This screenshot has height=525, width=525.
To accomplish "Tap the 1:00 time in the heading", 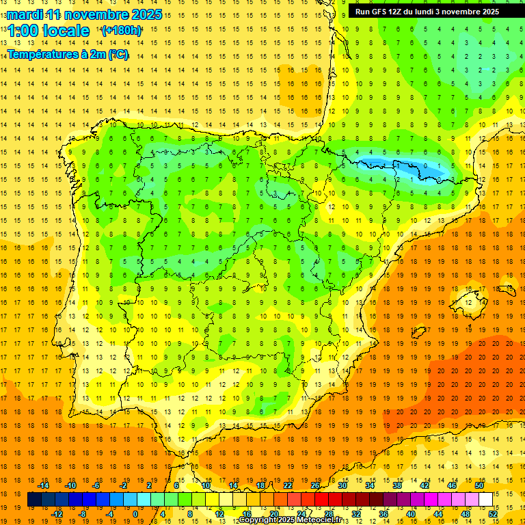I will coord(27,31).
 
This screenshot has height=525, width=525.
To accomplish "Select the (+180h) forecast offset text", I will coord(121,31).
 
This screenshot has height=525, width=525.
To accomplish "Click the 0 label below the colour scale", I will coord(135,513).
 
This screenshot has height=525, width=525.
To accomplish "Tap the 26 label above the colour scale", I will coord(315,485).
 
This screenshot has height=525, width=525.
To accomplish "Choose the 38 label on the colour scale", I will coord(397,485).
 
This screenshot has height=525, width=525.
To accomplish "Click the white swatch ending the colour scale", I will coord(485,500).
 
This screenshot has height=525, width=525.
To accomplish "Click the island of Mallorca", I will coord(472,301).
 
